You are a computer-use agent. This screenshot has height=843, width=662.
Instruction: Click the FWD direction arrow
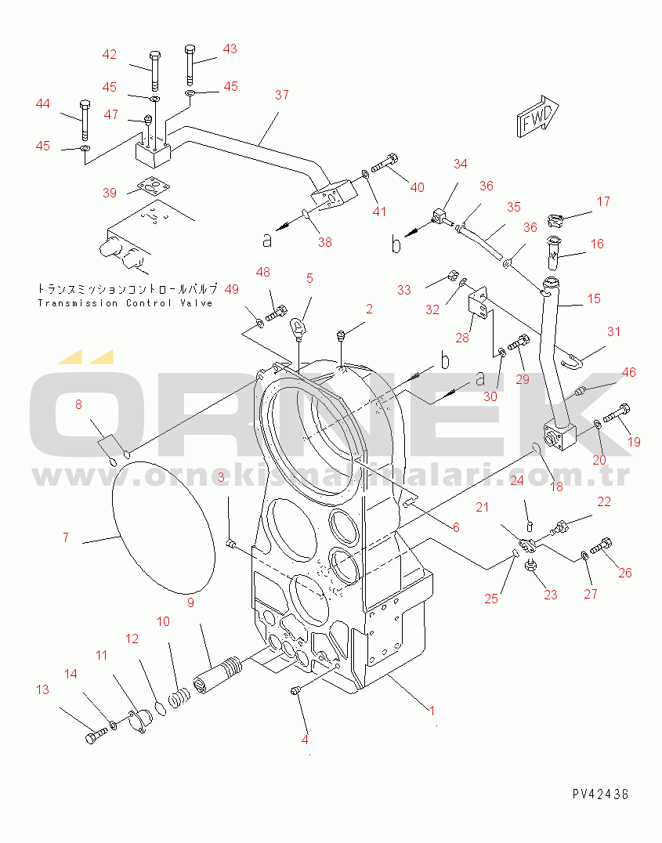538,116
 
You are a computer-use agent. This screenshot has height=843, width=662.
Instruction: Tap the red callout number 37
282,95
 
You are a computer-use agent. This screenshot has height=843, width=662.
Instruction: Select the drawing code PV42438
600,794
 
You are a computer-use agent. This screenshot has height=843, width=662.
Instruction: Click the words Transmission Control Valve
125,303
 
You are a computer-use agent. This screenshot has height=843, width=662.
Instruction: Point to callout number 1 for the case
432,711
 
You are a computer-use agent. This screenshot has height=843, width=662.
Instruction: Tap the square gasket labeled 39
154,187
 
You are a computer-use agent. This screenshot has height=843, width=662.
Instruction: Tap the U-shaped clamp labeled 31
569,359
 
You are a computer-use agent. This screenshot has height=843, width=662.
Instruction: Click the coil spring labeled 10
179,697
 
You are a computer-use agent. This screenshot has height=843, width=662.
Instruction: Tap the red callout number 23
550,595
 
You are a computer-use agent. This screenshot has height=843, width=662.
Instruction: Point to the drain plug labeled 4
295,690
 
